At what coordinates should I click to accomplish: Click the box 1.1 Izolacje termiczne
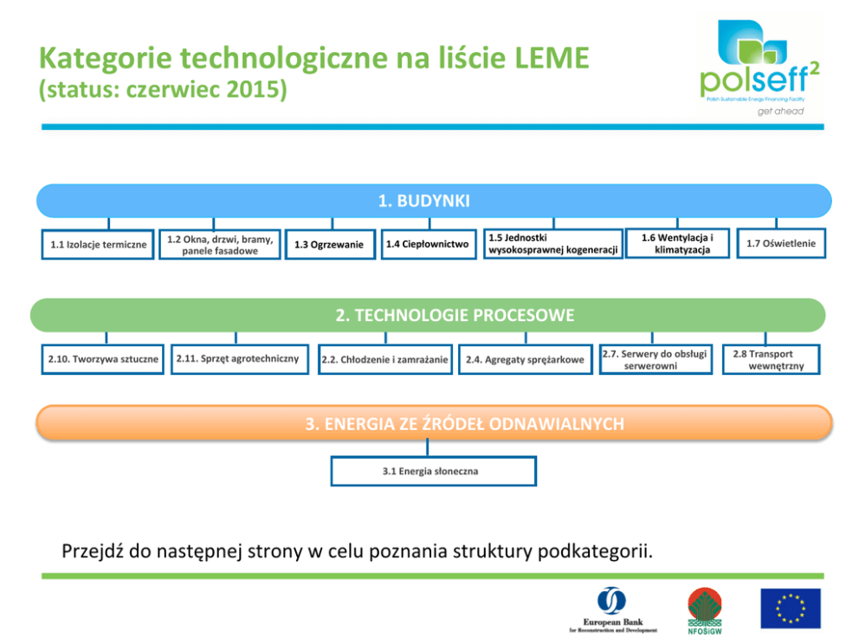coord(98,245)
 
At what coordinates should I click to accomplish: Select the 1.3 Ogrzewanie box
coord(330,245)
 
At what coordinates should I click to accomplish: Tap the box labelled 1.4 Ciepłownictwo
coord(428,245)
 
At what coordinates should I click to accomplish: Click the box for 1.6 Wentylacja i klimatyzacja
coord(676,244)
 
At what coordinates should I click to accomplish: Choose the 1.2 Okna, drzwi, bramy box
coord(220,245)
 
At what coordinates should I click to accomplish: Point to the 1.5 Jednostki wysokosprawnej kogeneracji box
coord(552,244)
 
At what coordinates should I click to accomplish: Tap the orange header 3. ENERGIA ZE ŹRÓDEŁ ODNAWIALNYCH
coord(433,424)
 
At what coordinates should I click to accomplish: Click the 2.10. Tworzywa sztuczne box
coord(103,359)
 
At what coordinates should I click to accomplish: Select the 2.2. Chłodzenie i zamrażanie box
coord(384,359)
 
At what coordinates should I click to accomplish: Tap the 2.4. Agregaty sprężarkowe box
coord(525,359)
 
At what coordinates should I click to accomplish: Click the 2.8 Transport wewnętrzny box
coord(770,360)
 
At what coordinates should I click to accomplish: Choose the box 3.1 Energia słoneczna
coord(432,472)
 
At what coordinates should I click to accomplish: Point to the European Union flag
coord(790,608)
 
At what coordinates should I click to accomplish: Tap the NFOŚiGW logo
coord(704,608)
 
